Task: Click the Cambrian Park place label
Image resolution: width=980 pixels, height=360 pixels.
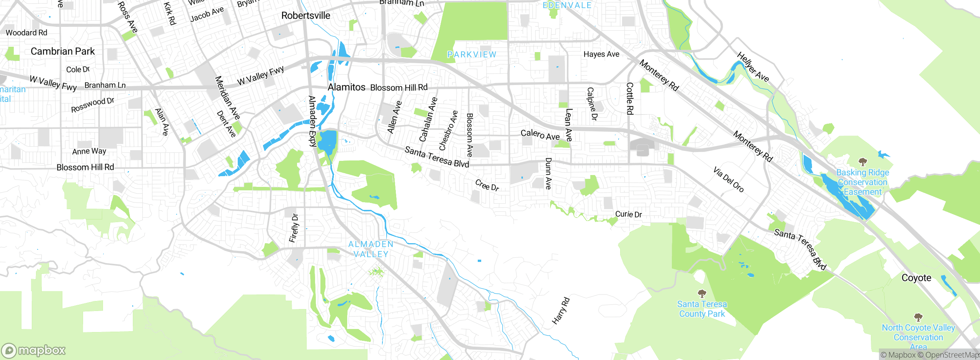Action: (62, 51)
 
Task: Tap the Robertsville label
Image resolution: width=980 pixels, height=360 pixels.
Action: (305, 16)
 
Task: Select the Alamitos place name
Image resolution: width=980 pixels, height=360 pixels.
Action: (346, 87)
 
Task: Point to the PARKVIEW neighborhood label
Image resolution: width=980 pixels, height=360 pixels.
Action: (472, 55)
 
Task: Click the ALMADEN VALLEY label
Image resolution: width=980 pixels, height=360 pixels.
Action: (371, 249)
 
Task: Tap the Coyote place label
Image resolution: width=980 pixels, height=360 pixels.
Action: (916, 278)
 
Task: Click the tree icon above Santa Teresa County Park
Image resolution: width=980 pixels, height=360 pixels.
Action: (702, 294)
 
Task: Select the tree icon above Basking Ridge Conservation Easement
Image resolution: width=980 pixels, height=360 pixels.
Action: (862, 162)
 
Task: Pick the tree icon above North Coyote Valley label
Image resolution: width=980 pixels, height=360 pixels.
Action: (918, 317)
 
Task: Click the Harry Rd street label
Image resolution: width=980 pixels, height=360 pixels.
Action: (561, 311)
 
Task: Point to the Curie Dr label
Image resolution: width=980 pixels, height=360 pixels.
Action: (628, 214)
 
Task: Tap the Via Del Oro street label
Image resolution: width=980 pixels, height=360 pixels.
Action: (728, 179)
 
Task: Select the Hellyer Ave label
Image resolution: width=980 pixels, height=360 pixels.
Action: (753, 67)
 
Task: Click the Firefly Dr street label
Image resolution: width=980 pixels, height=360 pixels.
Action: (294, 228)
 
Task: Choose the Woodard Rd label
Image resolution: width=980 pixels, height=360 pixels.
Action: (26, 33)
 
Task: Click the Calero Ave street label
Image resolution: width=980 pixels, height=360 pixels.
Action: (540, 134)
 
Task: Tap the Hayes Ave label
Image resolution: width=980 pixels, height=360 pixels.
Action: (601, 54)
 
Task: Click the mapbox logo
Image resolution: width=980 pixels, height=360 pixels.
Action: (34, 350)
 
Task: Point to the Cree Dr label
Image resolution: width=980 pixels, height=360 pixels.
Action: (487, 185)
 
